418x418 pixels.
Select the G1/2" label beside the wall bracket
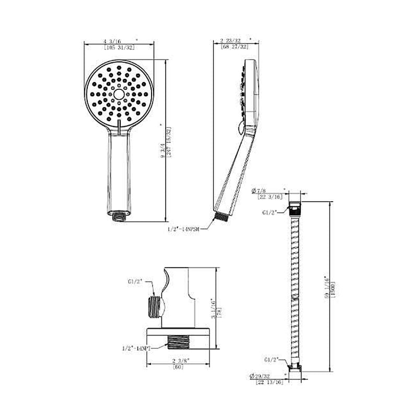(135, 281)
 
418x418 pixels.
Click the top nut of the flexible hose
(295, 207)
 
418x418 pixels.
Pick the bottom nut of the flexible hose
(295, 367)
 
